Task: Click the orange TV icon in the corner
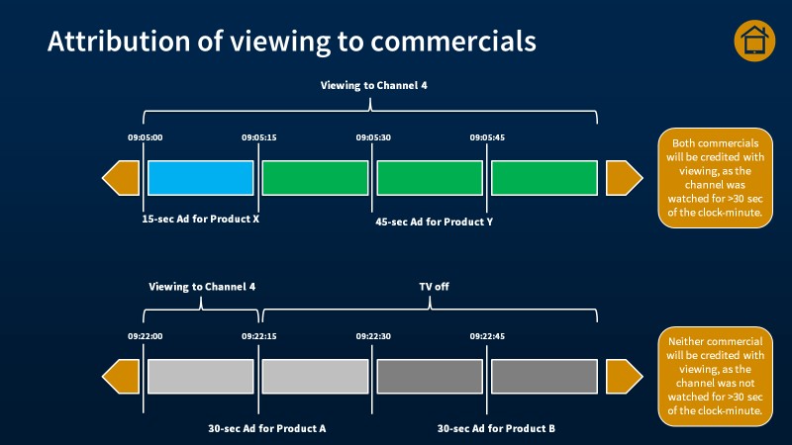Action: [754, 41]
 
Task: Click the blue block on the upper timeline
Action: [201, 177]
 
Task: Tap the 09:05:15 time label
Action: [259, 137]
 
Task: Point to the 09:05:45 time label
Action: [487, 137]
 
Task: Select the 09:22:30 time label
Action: [373, 336]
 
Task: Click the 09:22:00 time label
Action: [145, 336]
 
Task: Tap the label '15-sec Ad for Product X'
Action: [201, 219]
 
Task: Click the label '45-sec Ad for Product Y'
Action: [433, 222]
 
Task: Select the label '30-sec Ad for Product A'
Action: [267, 428]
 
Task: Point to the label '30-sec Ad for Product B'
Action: [496, 428]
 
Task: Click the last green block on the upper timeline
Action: [544, 177]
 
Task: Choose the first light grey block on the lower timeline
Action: [201, 377]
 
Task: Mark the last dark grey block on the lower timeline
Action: [544, 377]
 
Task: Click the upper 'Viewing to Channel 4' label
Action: [373, 86]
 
